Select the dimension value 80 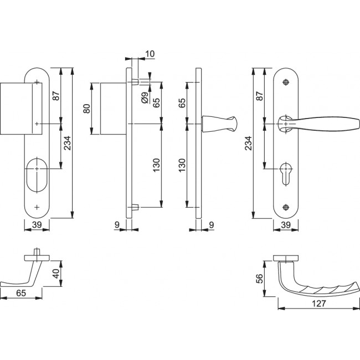(x=86, y=108)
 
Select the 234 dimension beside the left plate (x=67, y=144)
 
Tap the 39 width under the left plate (x=37, y=225)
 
